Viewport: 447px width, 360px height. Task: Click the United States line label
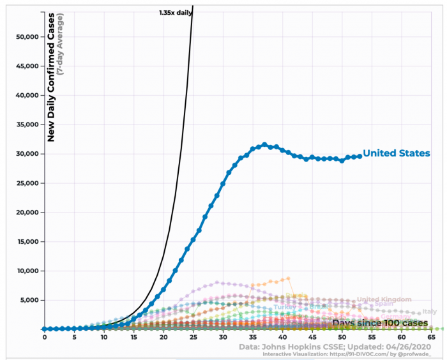click(397, 153)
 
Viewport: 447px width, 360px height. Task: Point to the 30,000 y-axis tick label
click(26, 154)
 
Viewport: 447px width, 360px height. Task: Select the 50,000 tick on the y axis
click(26, 36)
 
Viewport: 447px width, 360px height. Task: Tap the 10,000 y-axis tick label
click(26, 271)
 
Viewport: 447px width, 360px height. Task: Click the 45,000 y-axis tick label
click(26, 66)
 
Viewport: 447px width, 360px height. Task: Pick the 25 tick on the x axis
click(193, 336)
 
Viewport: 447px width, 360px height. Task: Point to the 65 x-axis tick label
click(432, 336)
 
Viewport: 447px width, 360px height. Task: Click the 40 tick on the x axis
click(282, 336)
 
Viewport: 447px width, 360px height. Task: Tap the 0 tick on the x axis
click(44, 336)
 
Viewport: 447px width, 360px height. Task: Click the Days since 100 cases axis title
click(379, 322)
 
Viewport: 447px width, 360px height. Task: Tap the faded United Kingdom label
click(384, 299)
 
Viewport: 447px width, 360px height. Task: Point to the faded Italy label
click(430, 311)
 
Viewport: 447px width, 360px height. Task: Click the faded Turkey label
click(285, 307)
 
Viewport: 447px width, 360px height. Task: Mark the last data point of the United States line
click(360, 156)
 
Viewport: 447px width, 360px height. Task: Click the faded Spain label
click(384, 304)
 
